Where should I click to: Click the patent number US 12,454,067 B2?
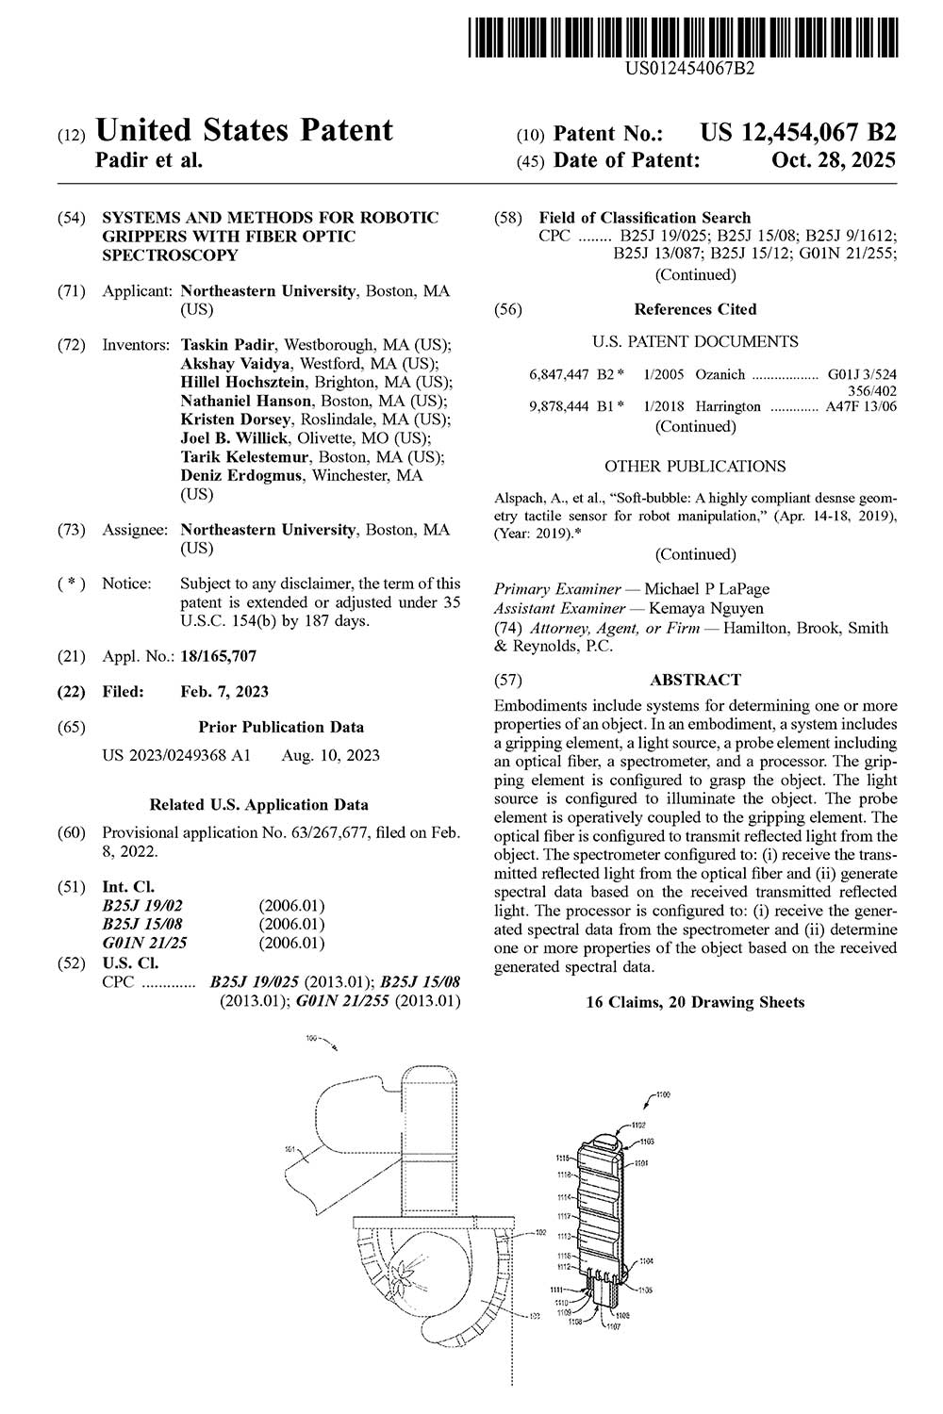[x=797, y=133]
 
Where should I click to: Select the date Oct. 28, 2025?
[x=833, y=160]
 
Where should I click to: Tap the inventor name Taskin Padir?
[x=229, y=345]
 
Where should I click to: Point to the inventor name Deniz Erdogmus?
[x=240, y=475]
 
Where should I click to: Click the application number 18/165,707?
[x=218, y=656]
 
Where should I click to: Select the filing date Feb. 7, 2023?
[x=224, y=691]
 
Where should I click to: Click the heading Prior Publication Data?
[x=281, y=727]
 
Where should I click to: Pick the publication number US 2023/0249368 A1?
[x=176, y=755]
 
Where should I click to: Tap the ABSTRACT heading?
[x=696, y=679]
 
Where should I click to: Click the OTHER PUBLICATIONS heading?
[x=695, y=466]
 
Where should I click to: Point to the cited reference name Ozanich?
[x=720, y=374]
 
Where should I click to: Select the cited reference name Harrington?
[x=728, y=406]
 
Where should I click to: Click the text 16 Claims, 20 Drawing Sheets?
[x=696, y=1002]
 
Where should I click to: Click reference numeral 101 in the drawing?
[x=290, y=1148]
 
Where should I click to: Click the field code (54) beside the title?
[x=72, y=218]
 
